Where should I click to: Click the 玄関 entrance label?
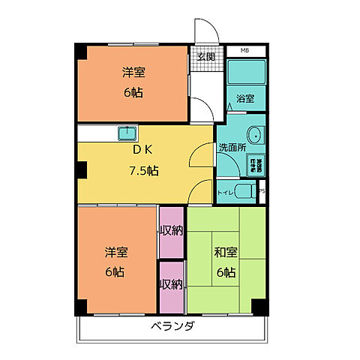pyautogui.click(x=206, y=56)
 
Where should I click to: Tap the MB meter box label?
pyautogui.click(x=244, y=51)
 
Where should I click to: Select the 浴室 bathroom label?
pyautogui.click(x=244, y=98)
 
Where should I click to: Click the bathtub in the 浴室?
pyautogui.click(x=244, y=74)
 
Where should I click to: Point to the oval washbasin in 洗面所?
pyautogui.click(x=255, y=136)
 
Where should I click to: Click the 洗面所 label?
pyautogui.click(x=232, y=148)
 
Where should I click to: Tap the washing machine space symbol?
pyautogui.click(x=256, y=165)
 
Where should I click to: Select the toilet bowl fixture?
pyautogui.click(x=244, y=190)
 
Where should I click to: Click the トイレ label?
pyautogui.click(x=224, y=193)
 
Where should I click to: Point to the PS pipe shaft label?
pyautogui.click(x=262, y=192)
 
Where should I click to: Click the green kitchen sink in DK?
pyautogui.click(x=126, y=133)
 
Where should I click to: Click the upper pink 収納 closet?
pyautogui.click(x=172, y=231)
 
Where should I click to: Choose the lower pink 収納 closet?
pyautogui.click(x=172, y=284)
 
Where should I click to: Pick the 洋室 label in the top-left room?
pyautogui.click(x=133, y=73)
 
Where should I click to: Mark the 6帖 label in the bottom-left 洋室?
pyautogui.click(x=114, y=271)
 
